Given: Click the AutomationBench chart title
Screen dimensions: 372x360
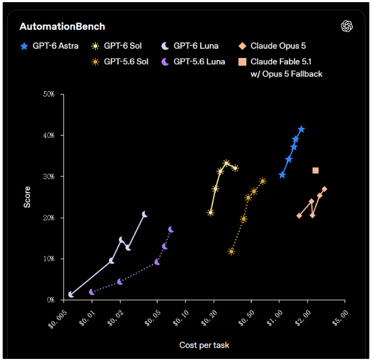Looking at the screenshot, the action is tap(62, 27).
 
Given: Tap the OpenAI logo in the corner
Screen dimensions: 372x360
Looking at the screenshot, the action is tap(347, 26).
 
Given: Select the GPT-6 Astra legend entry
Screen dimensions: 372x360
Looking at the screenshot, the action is tap(49, 46).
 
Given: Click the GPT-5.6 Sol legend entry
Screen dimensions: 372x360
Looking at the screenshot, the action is tap(120, 62).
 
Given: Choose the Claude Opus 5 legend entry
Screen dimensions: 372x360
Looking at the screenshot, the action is tap(272, 46).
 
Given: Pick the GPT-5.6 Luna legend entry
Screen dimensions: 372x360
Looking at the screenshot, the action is tap(193, 62).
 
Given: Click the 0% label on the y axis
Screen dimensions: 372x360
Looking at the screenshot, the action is tap(50, 300).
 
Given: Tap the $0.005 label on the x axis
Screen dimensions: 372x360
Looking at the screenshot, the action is tap(57, 319).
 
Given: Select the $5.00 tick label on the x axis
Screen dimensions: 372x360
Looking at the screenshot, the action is tap(340, 318).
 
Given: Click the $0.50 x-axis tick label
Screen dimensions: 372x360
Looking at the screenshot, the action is tap(246, 318).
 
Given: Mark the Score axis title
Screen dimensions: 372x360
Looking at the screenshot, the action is tap(27, 197).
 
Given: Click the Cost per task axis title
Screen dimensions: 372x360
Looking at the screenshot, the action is tap(205, 345).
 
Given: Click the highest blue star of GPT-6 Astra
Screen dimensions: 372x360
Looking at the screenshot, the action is tap(301, 129).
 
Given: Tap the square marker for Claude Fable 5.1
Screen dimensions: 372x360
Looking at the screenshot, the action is tap(315, 170).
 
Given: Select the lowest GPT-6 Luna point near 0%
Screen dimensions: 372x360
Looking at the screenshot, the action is tap(71, 295).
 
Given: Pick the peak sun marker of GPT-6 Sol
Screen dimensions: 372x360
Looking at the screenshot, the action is tap(227, 163).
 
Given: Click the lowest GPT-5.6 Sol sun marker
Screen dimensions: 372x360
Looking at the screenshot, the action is tap(231, 252).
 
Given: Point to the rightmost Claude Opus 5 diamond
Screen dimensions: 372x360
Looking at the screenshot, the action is tap(324, 189).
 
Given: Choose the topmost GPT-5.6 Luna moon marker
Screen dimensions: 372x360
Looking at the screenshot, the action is tap(171, 230).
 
